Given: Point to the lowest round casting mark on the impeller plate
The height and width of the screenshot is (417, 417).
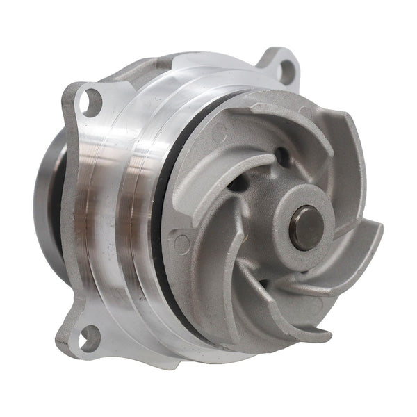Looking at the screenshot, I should [182, 243].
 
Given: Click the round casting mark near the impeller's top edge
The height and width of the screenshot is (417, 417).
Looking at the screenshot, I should [304, 111].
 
